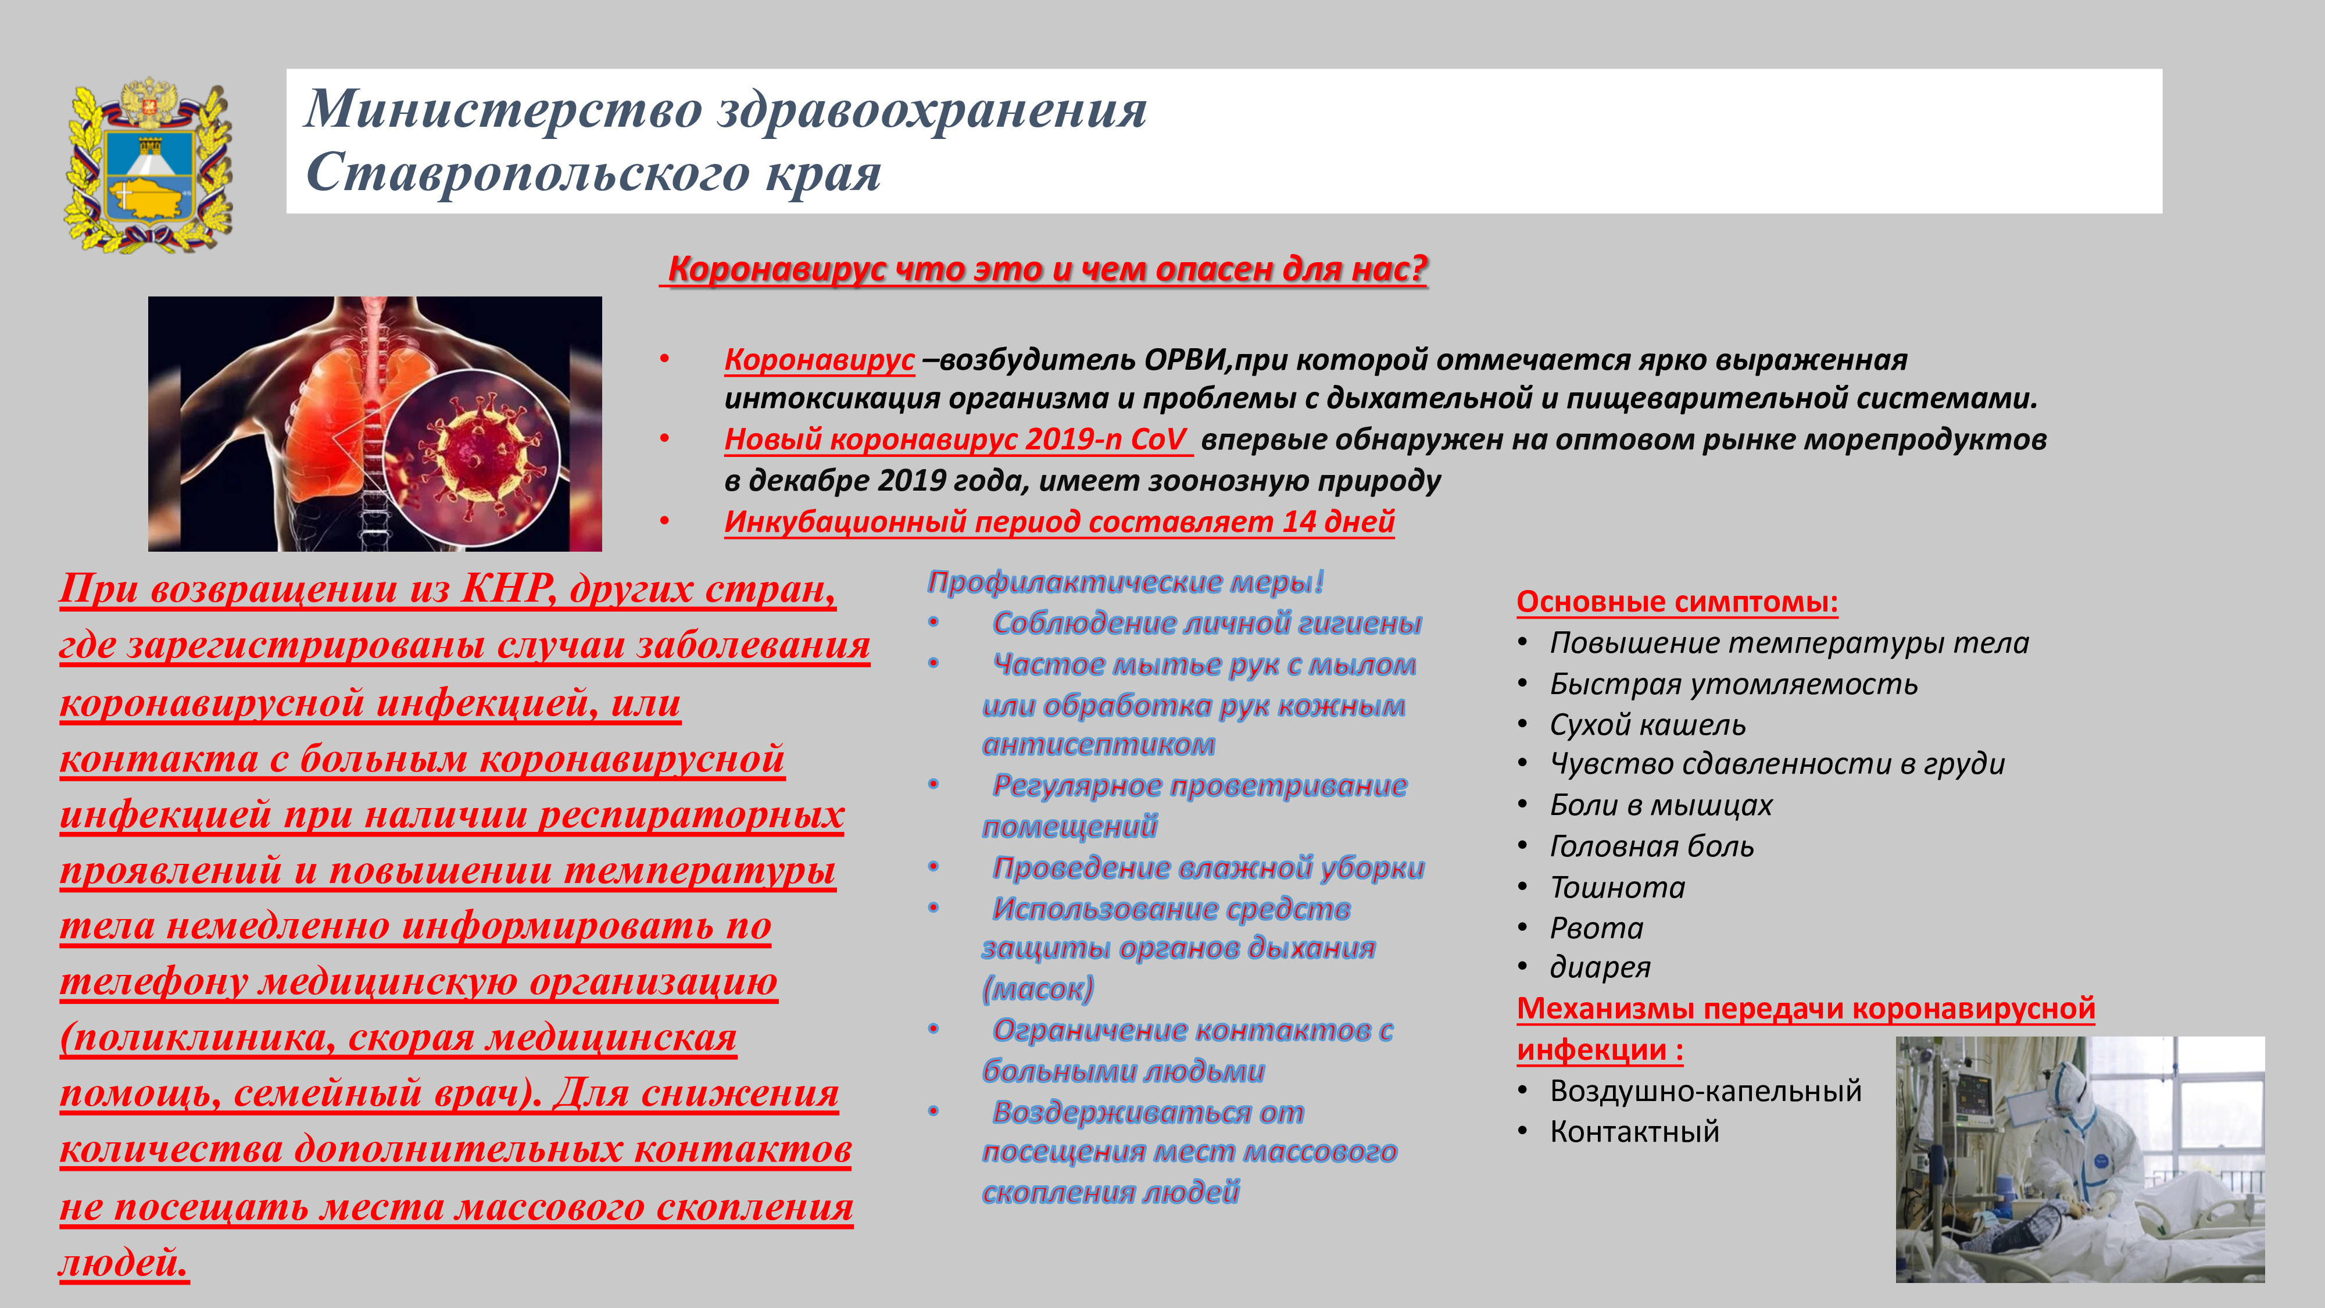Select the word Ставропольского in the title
[528, 173]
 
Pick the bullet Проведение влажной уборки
[1208, 867]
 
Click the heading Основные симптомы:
[1677, 601]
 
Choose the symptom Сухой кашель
[1648, 725]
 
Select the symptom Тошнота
[1618, 887]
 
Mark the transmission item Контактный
[1634, 1132]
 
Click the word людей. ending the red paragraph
[124, 1262]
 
